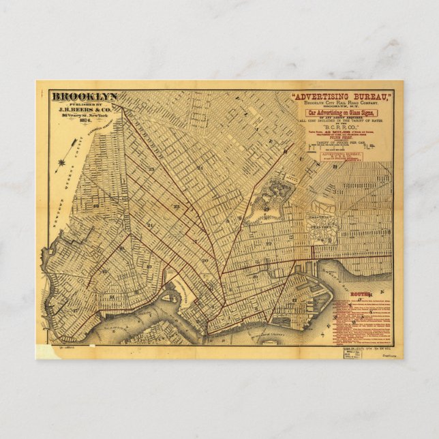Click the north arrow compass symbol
tap(63, 163)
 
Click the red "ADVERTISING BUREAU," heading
tap(344, 97)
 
